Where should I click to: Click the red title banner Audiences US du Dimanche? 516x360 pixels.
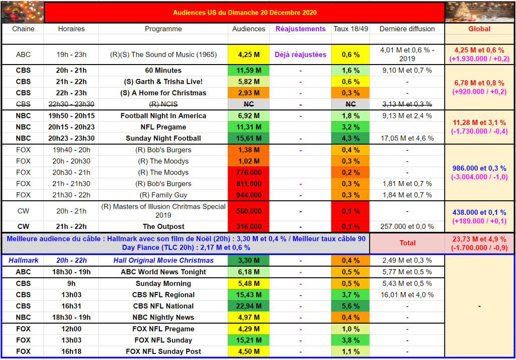(245, 12)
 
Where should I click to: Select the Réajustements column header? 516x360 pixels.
(300, 29)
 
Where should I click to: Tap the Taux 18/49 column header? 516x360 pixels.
(351, 29)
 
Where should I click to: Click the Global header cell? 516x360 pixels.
(479, 29)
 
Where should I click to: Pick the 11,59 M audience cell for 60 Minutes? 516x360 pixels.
(249, 71)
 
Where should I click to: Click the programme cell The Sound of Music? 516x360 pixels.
(163, 54)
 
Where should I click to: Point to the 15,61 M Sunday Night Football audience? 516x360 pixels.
(249, 138)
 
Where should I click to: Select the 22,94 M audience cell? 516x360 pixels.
(249, 306)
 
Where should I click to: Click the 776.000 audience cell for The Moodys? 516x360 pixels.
(249, 172)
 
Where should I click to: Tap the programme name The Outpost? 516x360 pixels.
(163, 226)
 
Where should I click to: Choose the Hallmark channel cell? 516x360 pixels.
(23, 261)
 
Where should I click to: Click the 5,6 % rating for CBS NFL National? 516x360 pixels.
(351, 306)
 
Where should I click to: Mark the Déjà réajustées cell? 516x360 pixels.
(300, 54)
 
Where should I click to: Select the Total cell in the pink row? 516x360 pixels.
(407, 243)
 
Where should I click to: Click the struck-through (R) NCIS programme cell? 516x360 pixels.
(163, 104)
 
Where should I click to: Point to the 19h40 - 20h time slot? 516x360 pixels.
(71, 150)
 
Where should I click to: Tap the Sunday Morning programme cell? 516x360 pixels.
(163, 283)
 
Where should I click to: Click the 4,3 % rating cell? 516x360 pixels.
(351, 138)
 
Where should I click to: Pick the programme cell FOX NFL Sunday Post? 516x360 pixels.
(163, 351)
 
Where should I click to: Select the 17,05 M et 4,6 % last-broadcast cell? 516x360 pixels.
(407, 138)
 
